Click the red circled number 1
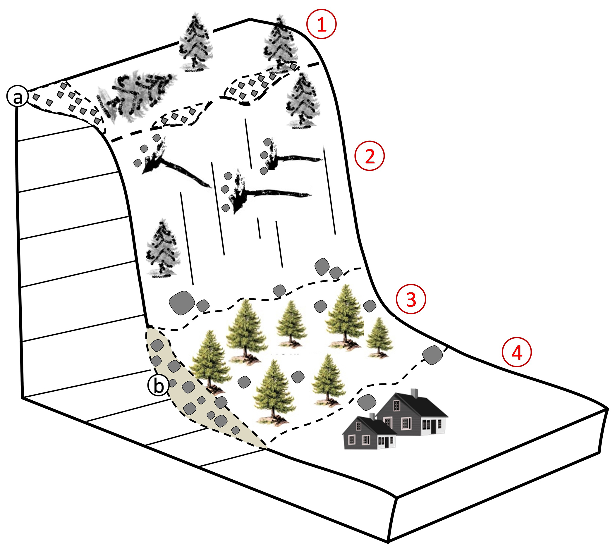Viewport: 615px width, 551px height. click(322, 24)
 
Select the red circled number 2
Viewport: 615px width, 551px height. click(370, 156)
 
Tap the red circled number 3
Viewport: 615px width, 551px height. click(411, 299)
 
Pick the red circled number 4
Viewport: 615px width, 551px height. click(517, 352)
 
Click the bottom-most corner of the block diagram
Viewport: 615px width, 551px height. click(388, 542)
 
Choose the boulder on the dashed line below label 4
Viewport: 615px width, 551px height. click(433, 355)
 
